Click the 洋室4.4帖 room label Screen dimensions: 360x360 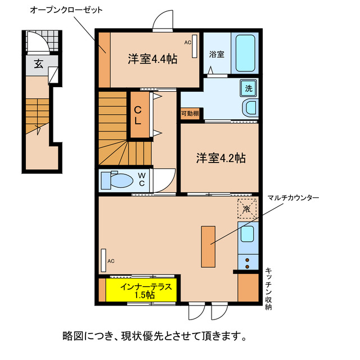coord(152,58)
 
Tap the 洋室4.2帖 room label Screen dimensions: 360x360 coord(220,157)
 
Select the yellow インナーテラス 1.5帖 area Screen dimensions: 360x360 coord(142,290)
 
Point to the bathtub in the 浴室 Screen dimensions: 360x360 coord(244,52)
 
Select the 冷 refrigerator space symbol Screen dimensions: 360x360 coord(246,208)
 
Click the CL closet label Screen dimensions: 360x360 coord(138,114)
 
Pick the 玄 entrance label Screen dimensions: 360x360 coord(38,64)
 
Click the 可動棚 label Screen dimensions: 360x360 coord(190,114)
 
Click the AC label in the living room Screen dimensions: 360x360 coord(111,261)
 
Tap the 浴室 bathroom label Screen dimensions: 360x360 coord(217,55)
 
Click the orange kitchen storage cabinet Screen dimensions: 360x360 coord(247,287)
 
